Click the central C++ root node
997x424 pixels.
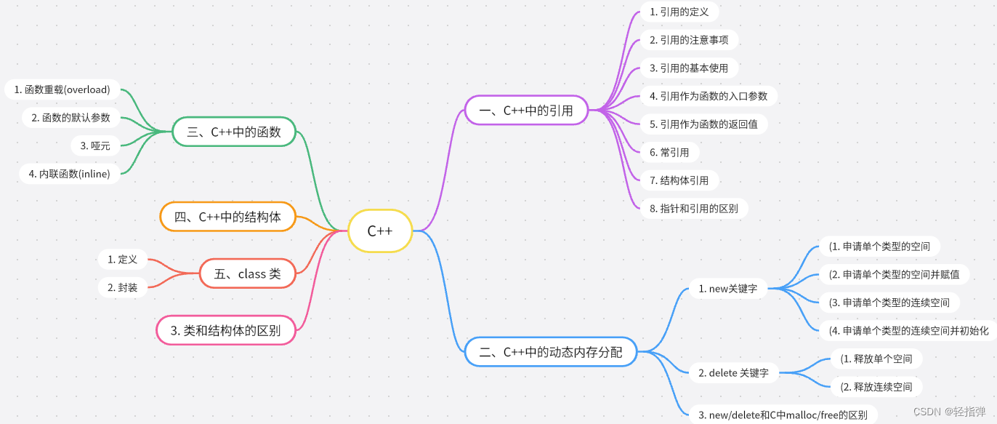point(380,231)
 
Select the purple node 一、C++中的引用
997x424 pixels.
point(526,111)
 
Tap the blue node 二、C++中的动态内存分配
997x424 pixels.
point(551,352)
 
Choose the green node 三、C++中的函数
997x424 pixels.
point(235,132)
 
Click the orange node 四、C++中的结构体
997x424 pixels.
point(227,217)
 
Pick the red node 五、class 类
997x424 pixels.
point(248,274)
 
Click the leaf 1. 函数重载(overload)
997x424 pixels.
point(62,89)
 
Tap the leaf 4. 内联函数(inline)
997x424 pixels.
point(70,174)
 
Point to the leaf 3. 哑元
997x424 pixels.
point(95,145)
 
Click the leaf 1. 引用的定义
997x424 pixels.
point(679,12)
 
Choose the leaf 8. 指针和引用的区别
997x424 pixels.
point(694,209)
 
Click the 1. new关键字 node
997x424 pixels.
point(727,289)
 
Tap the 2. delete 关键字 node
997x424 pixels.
point(733,373)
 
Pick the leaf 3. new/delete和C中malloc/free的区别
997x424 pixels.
point(783,415)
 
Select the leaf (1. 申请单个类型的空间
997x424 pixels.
point(879,247)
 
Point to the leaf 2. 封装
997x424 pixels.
point(122,287)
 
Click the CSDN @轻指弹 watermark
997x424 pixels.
point(949,412)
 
